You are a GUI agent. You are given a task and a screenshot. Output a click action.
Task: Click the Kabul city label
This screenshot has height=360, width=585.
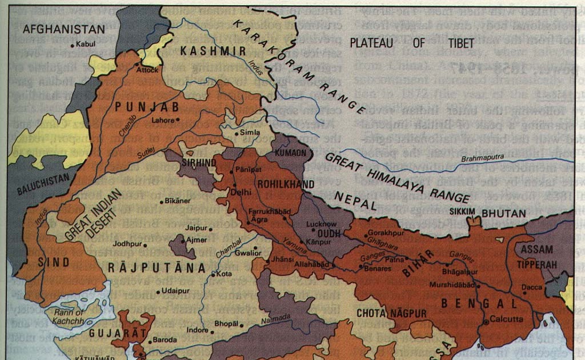pyautogui.click(x=83, y=44)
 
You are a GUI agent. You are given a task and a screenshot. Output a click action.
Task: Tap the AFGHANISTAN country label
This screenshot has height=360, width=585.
pyautogui.click(x=64, y=29)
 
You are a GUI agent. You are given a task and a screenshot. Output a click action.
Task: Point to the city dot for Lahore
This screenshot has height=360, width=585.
pyautogui.click(x=178, y=119)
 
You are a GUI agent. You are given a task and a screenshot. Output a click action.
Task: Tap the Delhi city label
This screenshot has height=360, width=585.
pyautogui.click(x=242, y=192)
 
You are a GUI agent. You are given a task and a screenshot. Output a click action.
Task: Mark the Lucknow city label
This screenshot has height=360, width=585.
pyautogui.click(x=322, y=224)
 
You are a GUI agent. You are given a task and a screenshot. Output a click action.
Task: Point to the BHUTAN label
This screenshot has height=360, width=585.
pyautogui.click(x=503, y=213)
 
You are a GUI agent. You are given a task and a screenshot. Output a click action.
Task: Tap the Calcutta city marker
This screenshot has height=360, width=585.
pyautogui.click(x=486, y=322)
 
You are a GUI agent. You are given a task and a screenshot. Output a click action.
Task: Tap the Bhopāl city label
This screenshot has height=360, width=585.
pyautogui.click(x=225, y=324)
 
